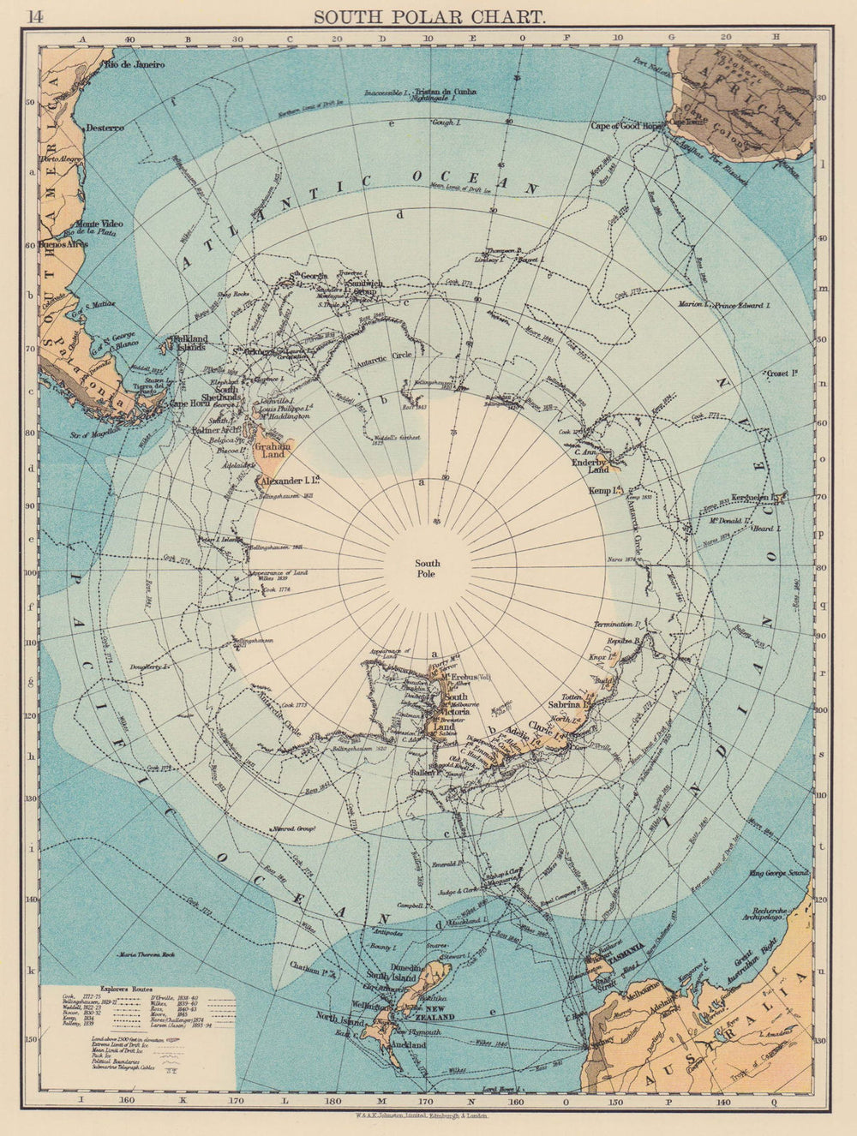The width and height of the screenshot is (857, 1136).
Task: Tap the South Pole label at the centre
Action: click(427, 568)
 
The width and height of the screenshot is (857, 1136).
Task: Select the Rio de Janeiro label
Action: click(132, 64)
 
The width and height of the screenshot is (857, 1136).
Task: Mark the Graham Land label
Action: click(267, 450)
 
